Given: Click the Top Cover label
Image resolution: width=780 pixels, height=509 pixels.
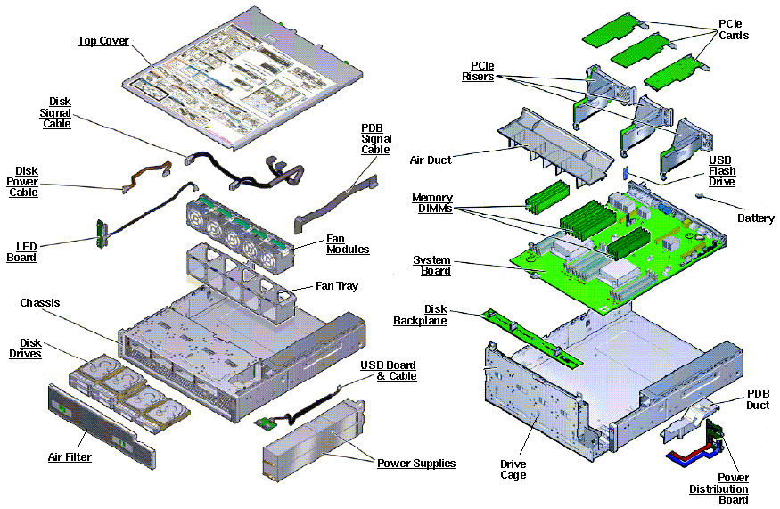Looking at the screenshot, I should (x=103, y=41).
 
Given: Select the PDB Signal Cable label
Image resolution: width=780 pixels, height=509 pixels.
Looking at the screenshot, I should (x=375, y=139).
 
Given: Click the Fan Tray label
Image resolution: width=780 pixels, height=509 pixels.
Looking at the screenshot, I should (x=337, y=286).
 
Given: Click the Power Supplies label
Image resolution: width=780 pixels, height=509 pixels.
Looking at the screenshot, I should (x=415, y=463).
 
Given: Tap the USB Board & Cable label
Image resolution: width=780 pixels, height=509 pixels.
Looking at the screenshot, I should (x=388, y=371).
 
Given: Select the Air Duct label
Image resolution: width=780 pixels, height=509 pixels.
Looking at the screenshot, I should (x=430, y=160).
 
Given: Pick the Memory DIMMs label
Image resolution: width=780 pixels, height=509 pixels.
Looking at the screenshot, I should (x=431, y=203).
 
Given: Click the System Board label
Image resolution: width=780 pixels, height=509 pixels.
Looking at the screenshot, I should (x=431, y=265).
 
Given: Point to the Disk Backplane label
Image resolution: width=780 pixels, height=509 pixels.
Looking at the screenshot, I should (x=420, y=315).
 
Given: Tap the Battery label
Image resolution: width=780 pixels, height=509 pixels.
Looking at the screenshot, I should (x=756, y=218).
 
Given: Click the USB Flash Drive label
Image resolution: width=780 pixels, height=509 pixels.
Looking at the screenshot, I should (x=722, y=170).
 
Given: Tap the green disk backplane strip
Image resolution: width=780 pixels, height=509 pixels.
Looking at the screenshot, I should (x=531, y=336).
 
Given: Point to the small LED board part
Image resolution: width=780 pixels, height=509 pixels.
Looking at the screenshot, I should (x=102, y=234).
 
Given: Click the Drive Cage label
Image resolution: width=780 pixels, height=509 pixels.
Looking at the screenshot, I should (x=513, y=470).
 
